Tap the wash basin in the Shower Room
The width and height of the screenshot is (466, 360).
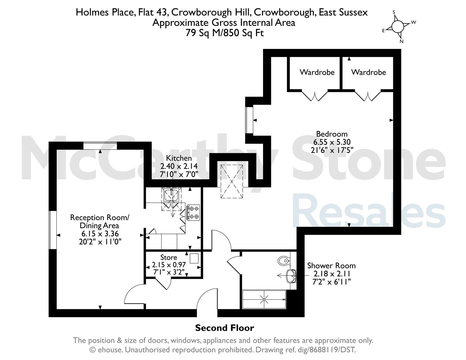click(291, 276)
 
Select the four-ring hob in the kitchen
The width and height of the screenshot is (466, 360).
click(193, 212)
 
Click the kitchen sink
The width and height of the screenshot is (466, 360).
click(171, 195)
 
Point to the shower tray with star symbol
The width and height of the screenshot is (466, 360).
click(264, 299)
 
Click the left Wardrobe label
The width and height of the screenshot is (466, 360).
click(317, 72)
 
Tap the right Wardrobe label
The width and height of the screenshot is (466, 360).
click(368, 72)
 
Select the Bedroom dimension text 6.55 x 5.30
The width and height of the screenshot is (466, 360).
click(332, 142)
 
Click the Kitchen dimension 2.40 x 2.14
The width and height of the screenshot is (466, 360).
click(179, 166)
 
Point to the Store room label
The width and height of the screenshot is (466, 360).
click(169, 257)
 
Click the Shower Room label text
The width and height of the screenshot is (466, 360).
click(331, 266)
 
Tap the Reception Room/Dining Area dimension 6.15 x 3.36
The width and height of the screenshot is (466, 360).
click(100, 233)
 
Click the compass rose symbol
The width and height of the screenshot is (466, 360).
click(398, 26)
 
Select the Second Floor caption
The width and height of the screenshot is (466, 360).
click(225, 328)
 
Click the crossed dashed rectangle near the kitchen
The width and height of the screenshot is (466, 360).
click(232, 181)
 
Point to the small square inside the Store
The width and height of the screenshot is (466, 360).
click(194, 258)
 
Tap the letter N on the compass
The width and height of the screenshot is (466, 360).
click(401, 41)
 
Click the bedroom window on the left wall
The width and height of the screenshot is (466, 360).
click(249, 120)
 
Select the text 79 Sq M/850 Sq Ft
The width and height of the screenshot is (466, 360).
click(225, 33)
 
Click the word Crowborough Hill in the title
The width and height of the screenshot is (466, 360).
click(211, 12)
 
